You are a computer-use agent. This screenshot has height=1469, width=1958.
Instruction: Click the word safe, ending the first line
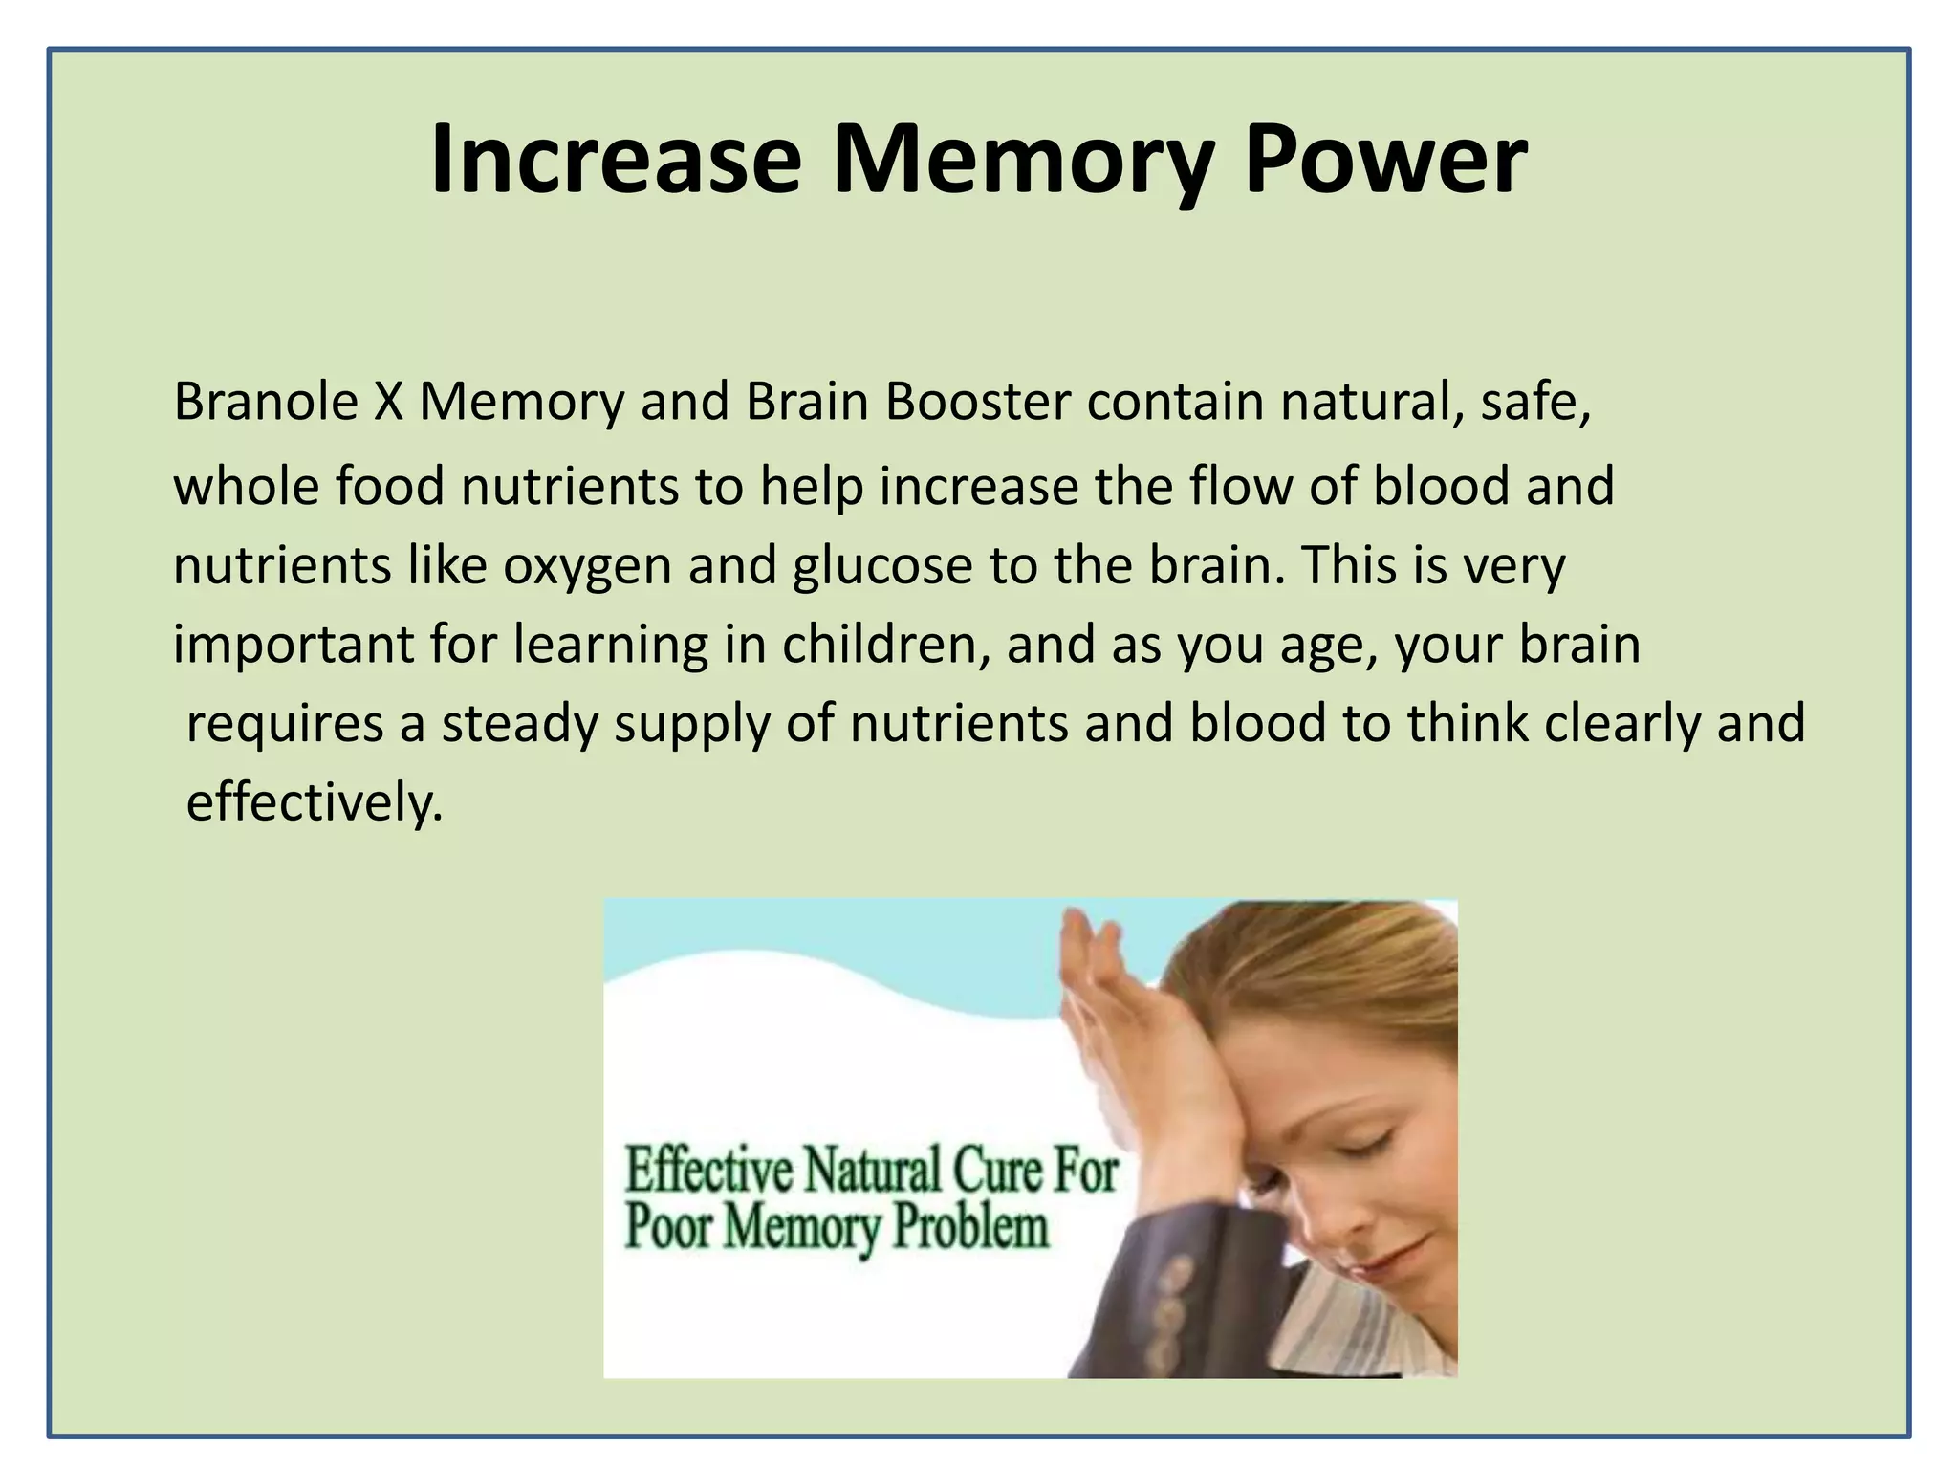pos(1535,402)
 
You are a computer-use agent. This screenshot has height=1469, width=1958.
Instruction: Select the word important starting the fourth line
pos(293,647)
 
